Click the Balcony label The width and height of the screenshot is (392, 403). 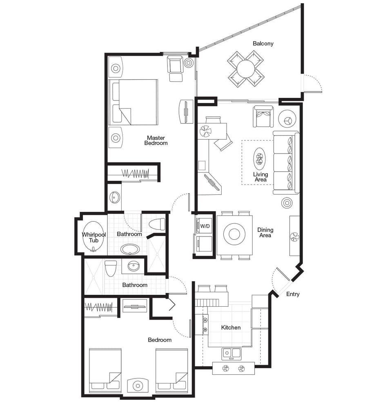pyautogui.click(x=263, y=43)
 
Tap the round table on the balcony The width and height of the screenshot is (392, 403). pyautogui.click(x=246, y=69)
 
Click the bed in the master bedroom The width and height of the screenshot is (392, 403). pyautogui.click(x=133, y=102)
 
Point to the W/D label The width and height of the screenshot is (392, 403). pyautogui.click(x=205, y=226)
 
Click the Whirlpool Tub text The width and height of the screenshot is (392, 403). pyautogui.click(x=94, y=237)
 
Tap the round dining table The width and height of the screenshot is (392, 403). pyautogui.click(x=234, y=234)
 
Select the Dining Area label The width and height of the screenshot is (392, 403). pyautogui.click(x=265, y=233)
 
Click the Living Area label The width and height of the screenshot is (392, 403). pyautogui.click(x=260, y=177)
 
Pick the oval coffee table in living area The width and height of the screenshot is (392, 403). pyautogui.click(x=259, y=158)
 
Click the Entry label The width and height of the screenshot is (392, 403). pyautogui.click(x=293, y=294)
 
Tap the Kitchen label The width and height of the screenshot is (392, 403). pyautogui.click(x=231, y=327)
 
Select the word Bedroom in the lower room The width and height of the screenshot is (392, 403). pyautogui.click(x=159, y=340)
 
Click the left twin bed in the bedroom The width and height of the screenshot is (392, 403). pyautogui.click(x=105, y=370)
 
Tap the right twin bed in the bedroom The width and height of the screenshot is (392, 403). pyautogui.click(x=171, y=370)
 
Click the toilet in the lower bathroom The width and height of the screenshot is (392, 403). pyautogui.click(x=111, y=268)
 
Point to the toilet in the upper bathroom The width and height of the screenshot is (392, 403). pyautogui.click(x=157, y=224)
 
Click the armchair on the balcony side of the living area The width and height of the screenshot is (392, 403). pyautogui.click(x=263, y=116)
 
